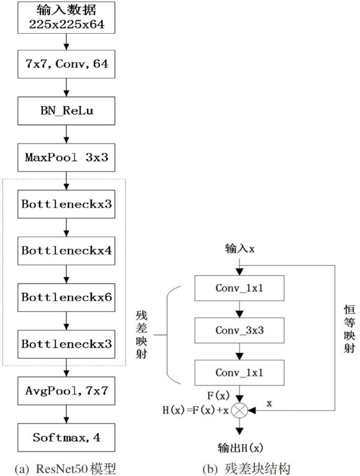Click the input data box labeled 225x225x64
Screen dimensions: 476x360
pos(66,16)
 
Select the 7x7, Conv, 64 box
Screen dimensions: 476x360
pos(66,64)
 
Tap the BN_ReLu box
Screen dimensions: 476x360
pos(66,112)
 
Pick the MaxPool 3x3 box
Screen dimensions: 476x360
pos(66,158)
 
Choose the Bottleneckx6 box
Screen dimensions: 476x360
pos(66,297)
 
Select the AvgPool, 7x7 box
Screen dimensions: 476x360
pos(66,391)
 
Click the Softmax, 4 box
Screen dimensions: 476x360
pos(66,437)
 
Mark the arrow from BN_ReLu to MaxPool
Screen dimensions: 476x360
pos(66,134)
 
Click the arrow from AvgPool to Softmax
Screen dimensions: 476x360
pos(66,414)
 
